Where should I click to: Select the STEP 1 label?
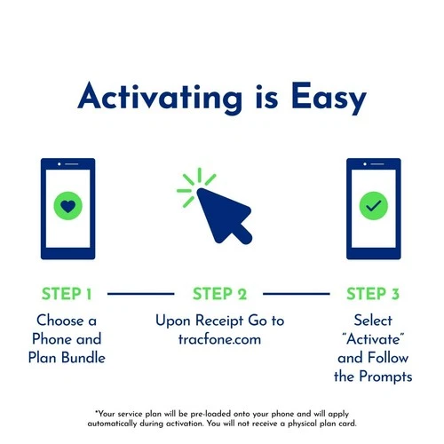point(67,294)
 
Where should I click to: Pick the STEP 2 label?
point(219,294)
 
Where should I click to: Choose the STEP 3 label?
point(373,294)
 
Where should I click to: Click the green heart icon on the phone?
point(68,207)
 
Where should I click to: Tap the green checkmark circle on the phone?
point(373,207)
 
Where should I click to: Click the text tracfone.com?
point(220,338)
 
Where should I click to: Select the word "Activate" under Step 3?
point(373,338)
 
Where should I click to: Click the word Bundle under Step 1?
point(89,358)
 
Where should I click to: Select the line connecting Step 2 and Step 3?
point(297,293)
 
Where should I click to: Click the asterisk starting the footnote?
point(96,413)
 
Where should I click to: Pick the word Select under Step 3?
point(373,319)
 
